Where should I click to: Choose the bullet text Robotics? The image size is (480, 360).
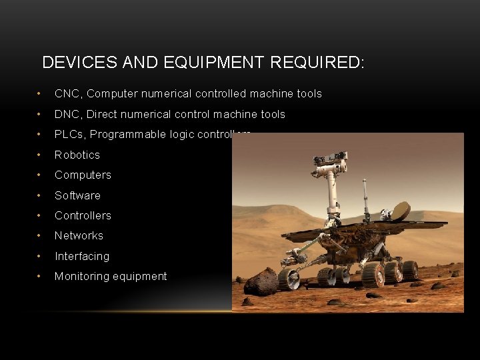(77, 155)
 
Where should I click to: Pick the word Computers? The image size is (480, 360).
(83, 175)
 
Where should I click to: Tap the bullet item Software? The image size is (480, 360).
(77, 195)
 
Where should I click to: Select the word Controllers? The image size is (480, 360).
(83, 215)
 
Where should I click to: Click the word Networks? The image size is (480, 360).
(79, 235)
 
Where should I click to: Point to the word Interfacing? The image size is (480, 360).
(82, 256)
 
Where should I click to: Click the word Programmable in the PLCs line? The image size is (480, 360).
(123, 135)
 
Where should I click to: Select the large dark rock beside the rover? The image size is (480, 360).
(261, 282)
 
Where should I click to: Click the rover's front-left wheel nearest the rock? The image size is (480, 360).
(289, 278)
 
